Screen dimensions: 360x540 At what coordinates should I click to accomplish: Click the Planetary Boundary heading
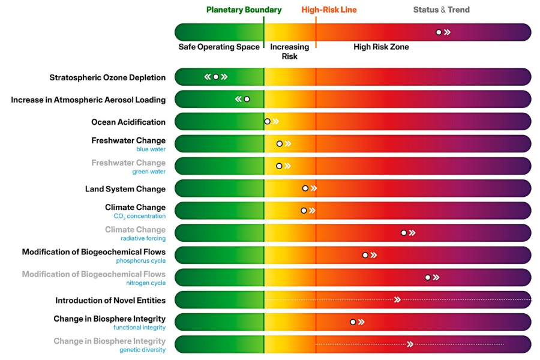244,10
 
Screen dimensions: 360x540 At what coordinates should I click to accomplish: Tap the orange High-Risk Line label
329,10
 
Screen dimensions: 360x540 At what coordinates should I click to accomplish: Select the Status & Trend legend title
441,10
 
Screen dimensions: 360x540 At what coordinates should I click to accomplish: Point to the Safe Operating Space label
219,47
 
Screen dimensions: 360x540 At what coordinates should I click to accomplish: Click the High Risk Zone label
381,47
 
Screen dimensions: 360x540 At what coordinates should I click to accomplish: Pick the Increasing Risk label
290,52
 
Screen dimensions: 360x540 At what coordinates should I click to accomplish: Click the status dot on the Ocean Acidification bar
268,121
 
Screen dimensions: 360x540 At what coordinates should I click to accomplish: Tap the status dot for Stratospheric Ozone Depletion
216,77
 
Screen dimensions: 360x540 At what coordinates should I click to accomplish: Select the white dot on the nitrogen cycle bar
428,277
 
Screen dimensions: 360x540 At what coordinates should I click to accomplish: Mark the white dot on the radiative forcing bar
404,233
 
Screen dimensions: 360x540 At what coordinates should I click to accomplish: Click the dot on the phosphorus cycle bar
365,255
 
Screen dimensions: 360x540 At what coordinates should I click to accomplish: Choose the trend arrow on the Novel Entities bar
397,299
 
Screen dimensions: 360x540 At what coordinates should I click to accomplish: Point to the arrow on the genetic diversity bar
410,344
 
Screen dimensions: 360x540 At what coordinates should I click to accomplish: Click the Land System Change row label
125,189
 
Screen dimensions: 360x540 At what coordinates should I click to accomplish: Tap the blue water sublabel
151,149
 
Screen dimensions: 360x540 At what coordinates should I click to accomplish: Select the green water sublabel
149,172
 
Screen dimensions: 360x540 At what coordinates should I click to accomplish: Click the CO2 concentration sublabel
139,216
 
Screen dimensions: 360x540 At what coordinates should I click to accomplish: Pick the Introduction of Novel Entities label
110,300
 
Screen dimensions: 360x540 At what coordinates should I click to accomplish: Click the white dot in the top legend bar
439,32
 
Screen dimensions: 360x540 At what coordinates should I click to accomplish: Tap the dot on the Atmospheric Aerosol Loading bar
247,99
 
